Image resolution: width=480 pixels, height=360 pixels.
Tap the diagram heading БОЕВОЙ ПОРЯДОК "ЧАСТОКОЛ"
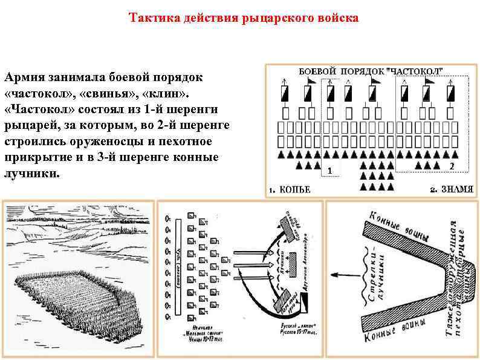click(x=371, y=71)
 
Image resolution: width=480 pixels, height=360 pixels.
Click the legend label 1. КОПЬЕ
click(x=290, y=189)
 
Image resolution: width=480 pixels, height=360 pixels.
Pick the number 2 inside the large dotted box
click(x=451, y=165)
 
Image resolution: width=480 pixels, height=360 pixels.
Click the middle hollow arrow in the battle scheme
click(x=245, y=265)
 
